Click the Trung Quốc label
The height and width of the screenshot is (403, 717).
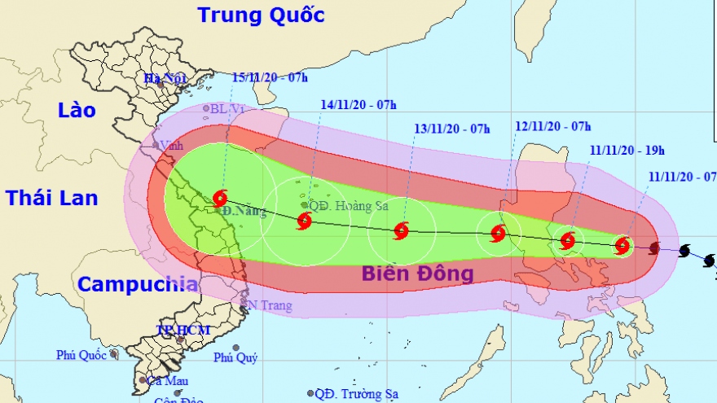(261, 15)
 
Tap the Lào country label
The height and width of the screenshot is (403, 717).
(77, 110)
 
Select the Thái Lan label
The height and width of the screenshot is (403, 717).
(51, 197)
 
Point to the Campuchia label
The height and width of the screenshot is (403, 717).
(138, 284)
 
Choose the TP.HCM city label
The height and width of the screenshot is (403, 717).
(183, 330)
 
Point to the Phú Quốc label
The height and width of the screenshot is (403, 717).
(82, 355)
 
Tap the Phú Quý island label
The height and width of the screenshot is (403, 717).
(235, 357)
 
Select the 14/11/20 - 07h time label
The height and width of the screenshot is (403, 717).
(358, 104)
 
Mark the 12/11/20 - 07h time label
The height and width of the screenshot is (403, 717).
(553, 125)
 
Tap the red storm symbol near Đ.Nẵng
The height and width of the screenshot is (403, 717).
(219, 198)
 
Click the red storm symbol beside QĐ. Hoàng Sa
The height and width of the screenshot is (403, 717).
(304, 221)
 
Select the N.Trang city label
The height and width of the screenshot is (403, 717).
(268, 306)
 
